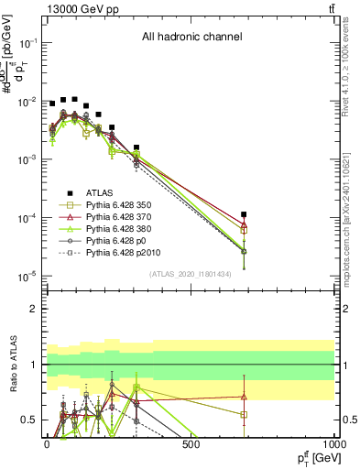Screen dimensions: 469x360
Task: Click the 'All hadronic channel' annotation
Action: point(191,38)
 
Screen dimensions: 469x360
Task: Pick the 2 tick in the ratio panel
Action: point(30,310)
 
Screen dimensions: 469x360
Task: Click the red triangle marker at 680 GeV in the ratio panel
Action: point(244,397)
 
